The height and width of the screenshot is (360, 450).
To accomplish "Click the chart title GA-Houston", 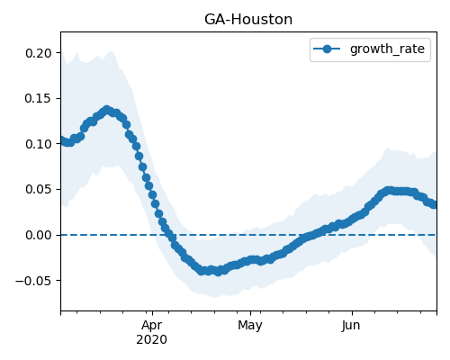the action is pos(248,20).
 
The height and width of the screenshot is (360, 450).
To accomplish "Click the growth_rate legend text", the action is pos(387,49).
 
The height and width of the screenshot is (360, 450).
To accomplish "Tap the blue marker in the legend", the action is pos(327,49).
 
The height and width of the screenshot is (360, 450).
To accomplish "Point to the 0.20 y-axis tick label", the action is pos(39,53).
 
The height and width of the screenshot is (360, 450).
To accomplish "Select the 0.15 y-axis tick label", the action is pos(39,99).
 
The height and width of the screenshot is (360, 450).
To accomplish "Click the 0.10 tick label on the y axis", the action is pos(39,144).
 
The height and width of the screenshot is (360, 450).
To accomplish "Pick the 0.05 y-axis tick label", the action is pos(39,190).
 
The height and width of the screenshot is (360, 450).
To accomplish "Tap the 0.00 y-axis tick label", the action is pos(39,235).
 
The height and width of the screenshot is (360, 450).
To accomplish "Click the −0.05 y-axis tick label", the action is pos(33,281).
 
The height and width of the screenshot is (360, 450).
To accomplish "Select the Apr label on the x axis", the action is pos(152,326).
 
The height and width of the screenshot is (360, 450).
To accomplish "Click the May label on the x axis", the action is pos(250,326).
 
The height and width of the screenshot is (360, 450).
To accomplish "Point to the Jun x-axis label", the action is pos(351,326).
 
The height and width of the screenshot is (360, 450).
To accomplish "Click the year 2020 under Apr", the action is pos(152,340).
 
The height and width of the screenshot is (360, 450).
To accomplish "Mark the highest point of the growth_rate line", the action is pos(107,110).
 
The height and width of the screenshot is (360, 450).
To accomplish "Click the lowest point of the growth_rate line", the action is pos(218,272).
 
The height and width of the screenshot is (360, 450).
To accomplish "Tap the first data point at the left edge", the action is pos(61,139).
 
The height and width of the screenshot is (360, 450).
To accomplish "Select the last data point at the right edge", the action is pos(435,204).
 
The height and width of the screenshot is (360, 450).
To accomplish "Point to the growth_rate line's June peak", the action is pos(389,190).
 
